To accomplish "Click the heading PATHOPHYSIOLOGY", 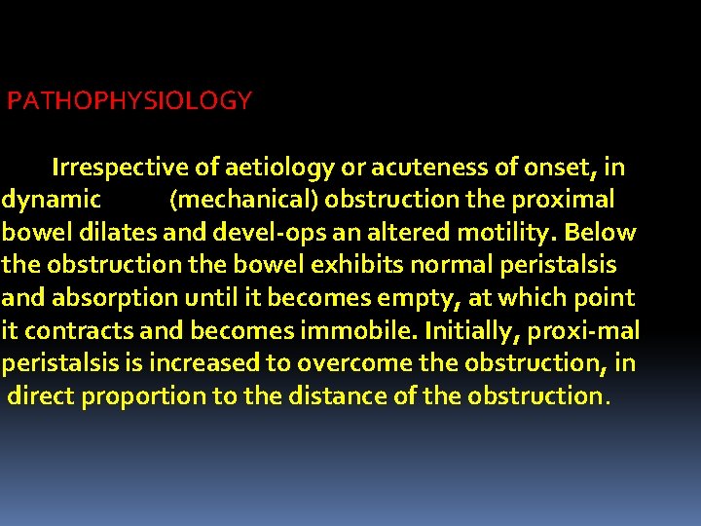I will coord(129,100).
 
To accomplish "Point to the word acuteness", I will coord(422,168).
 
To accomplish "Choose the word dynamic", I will coord(51,201).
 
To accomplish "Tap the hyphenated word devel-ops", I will coord(251,234).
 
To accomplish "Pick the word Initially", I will coord(470,331).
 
